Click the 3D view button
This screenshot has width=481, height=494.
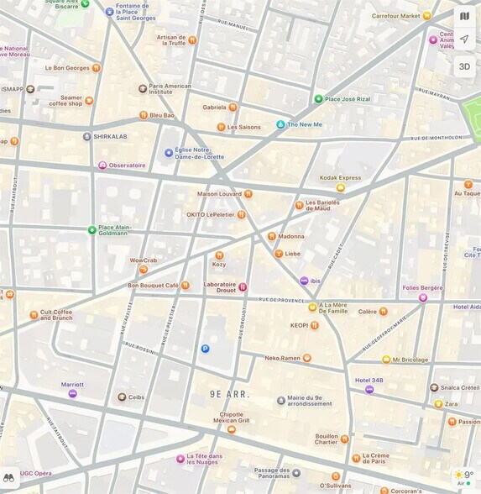pyautogui.click(x=464, y=66)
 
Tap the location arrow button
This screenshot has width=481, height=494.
pyautogui.click(x=464, y=39)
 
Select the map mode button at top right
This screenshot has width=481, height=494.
pyautogui.click(x=464, y=15)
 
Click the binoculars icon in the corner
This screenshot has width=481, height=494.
pyautogui.click(x=9, y=476)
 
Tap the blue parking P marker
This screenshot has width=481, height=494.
pyautogui.click(x=205, y=349)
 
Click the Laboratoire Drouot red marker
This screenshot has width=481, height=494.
pyautogui.click(x=243, y=286)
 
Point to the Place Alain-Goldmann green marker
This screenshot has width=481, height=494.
pyautogui.click(x=92, y=229)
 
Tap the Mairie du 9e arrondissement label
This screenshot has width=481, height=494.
pyautogui.click(x=311, y=401)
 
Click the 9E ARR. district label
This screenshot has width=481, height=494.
pyautogui.click(x=229, y=394)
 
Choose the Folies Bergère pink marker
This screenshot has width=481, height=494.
pyautogui.click(x=423, y=297)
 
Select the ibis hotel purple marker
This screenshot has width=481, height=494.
pyautogui.click(x=304, y=281)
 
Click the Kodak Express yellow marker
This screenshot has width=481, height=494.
pyautogui.click(x=340, y=187)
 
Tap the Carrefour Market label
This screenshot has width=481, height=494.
pyautogui.click(x=396, y=15)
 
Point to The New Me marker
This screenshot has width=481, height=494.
pyautogui.click(x=280, y=124)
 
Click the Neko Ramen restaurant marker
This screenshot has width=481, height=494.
pyautogui.click(x=306, y=358)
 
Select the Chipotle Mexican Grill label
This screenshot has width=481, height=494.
pyautogui.click(x=231, y=418)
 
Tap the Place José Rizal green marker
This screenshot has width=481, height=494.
pyautogui.click(x=318, y=98)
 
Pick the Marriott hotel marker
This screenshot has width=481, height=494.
pyautogui.click(x=72, y=393)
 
